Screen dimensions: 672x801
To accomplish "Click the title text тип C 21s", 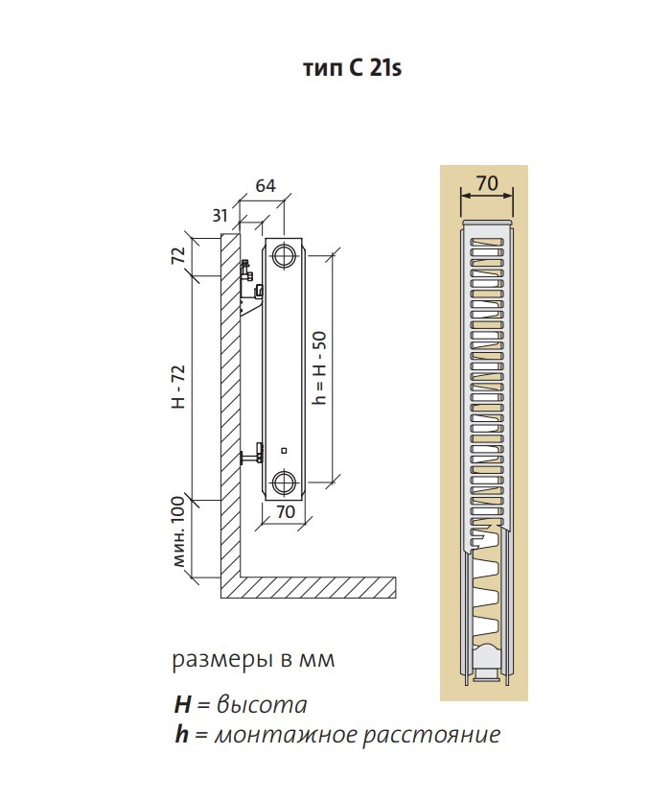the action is [x=353, y=68].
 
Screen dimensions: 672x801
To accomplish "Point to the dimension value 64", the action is [x=266, y=186].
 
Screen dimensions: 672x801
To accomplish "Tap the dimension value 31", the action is [x=220, y=216].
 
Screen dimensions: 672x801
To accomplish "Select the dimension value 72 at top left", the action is [x=177, y=255].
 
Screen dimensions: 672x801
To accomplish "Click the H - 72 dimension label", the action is [x=178, y=387].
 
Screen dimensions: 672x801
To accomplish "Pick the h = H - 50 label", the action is [x=319, y=367].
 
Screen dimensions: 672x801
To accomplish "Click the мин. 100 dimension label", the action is [x=177, y=531].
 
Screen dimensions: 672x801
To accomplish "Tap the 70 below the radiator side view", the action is [x=286, y=511].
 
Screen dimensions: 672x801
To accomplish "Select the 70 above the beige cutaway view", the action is [x=487, y=183].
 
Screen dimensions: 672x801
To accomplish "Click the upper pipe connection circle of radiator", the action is [x=284, y=255].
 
